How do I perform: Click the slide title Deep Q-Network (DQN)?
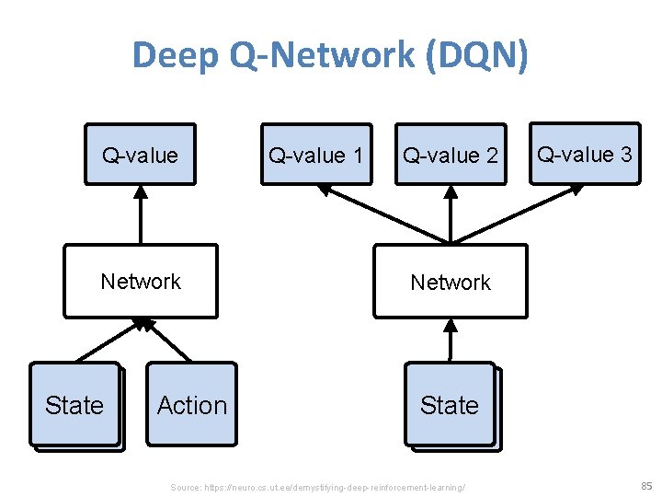[x=330, y=55]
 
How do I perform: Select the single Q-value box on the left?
[x=141, y=155]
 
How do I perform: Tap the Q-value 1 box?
[x=316, y=155]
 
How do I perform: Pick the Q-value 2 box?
[x=451, y=155]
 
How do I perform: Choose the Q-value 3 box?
[x=585, y=154]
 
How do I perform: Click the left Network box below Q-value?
[x=141, y=281]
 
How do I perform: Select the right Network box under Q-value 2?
[x=451, y=282]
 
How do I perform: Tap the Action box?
[x=191, y=405]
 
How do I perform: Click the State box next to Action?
[x=74, y=405]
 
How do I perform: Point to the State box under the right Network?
[x=450, y=405]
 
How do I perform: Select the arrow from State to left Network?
[x=106, y=342]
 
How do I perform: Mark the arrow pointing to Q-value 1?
[x=377, y=213]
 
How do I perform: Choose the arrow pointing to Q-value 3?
[x=524, y=213]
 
